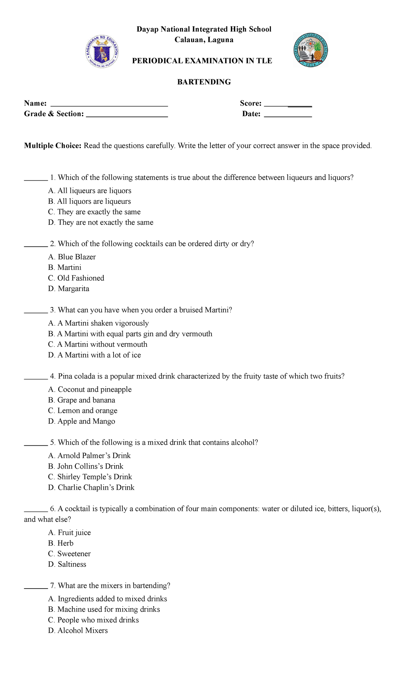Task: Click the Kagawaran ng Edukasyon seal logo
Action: tap(102, 51)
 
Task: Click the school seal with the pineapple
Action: tap(310, 50)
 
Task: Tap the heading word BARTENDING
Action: tap(204, 82)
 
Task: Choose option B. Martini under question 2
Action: tap(65, 268)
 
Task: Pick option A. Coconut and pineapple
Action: tap(90, 390)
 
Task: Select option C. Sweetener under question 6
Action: tap(69, 554)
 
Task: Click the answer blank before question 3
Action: tap(36, 311)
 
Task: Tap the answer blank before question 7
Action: tap(36, 586)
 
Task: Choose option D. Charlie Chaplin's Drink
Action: tap(91, 488)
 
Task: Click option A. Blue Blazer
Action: tap(72, 257)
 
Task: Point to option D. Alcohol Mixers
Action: tap(78, 631)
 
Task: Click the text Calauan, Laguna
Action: tap(204, 40)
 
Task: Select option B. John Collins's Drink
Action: tap(86, 467)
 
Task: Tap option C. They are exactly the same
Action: tap(94, 212)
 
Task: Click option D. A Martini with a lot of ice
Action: tap(95, 355)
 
